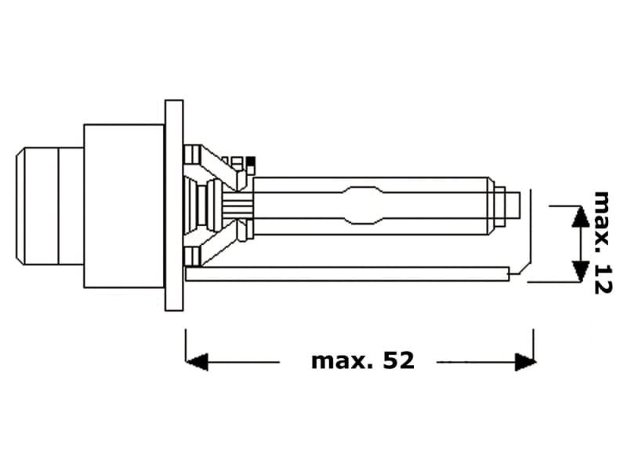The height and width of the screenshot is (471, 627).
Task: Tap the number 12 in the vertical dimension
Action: (x=602, y=279)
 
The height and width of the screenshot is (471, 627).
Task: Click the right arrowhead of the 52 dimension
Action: (x=525, y=362)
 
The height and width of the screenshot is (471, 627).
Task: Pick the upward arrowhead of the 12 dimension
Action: (x=579, y=217)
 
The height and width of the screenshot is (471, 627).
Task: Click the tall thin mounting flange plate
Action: (x=174, y=204)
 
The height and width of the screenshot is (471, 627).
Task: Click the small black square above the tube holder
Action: (x=251, y=162)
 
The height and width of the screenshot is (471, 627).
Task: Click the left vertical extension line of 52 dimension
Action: (x=186, y=345)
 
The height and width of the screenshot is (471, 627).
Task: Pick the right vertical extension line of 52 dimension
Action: (x=534, y=345)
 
